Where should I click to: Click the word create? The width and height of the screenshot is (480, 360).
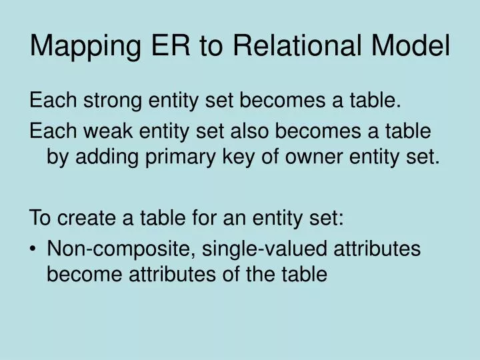pyautogui.click(x=89, y=217)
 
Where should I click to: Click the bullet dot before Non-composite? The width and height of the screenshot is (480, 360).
pyautogui.click(x=34, y=249)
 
